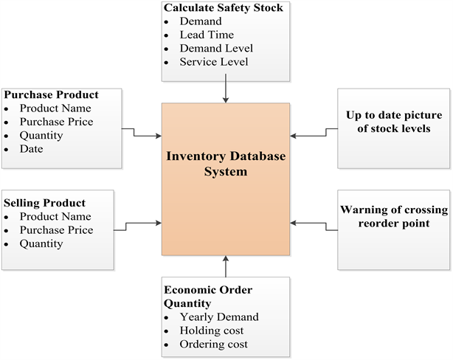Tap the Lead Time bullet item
tap(207, 35)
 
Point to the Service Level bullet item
tap(214, 62)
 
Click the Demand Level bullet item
tap(216, 48)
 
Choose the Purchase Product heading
tap(51, 94)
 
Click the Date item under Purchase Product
tap(32, 149)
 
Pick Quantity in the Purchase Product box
tap(41, 135)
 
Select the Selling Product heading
tap(45, 202)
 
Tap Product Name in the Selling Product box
tap(55, 216)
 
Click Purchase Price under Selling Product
tap(56, 230)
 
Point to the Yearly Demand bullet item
tap(219, 317)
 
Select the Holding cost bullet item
tap(212, 330)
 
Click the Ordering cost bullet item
tap(213, 345)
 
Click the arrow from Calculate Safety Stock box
tap(225, 92)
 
